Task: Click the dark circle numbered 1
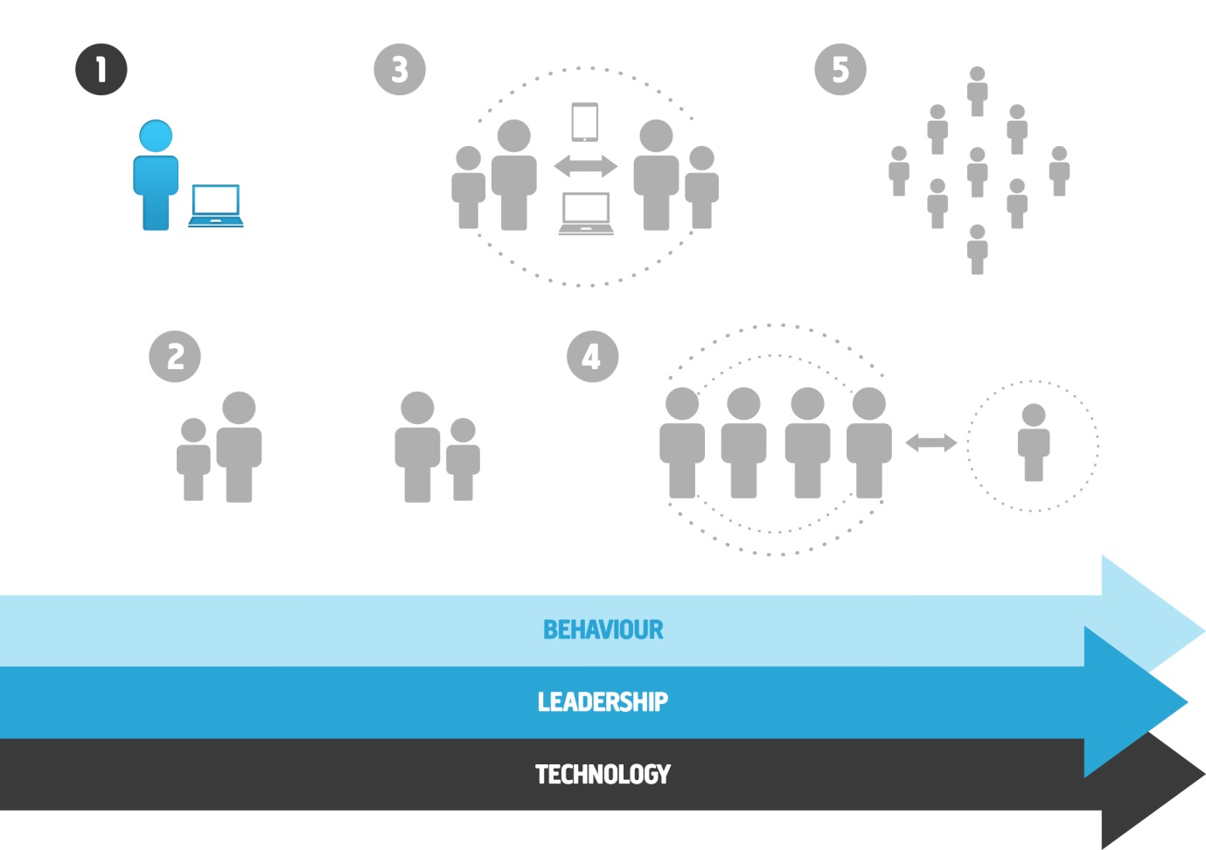tap(101, 69)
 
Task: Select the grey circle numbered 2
tap(175, 357)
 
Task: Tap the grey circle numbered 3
tap(400, 69)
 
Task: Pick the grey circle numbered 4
tap(593, 357)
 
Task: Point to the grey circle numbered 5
tap(840, 69)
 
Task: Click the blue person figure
tap(156, 175)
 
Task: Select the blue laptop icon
tap(216, 206)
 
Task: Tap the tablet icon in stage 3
tap(585, 122)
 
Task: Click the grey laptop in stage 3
tap(586, 213)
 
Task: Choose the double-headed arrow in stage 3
tap(586, 166)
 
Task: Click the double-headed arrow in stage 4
tap(931, 443)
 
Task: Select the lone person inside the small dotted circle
tap(1033, 442)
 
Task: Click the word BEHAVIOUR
tap(603, 630)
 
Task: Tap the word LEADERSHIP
tap(603, 702)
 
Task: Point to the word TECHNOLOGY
tap(603, 774)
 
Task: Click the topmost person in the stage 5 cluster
tap(977, 91)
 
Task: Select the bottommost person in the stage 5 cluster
tap(977, 249)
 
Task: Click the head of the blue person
tap(156, 136)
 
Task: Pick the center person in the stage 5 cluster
tap(977, 172)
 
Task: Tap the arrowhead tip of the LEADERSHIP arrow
tap(1187, 702)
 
